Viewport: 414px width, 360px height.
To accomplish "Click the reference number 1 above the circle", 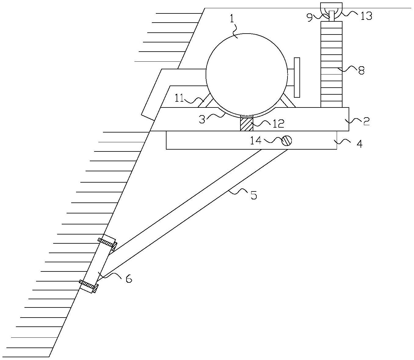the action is [232, 20].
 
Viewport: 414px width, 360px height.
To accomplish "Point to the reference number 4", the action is [359, 144].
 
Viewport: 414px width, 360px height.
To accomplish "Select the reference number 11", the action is [179, 99].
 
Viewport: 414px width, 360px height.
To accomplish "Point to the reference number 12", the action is [278, 123].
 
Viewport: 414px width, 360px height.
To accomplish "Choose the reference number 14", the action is [256, 140].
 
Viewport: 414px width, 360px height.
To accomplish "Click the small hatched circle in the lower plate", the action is [287, 141].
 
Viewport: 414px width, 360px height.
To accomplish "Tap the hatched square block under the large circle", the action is [247, 124].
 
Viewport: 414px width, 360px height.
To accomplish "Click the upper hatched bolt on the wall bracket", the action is [108, 244].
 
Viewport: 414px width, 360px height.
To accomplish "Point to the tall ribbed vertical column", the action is [332, 64].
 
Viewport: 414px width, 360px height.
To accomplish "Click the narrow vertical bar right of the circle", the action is [297, 78].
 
